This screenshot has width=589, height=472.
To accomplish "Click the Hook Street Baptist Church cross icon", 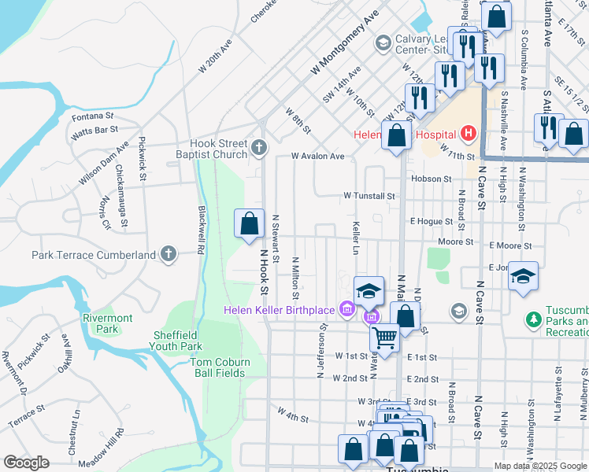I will (259, 147).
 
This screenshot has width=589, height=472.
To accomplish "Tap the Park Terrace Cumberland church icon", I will (168, 254).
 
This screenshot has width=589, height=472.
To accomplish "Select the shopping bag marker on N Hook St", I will (249, 224).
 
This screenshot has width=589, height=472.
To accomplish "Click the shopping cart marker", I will (384, 338).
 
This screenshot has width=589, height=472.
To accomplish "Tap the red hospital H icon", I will (469, 133).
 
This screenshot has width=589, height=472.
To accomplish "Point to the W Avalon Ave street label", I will (318, 157).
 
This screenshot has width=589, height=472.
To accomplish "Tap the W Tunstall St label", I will (369, 195).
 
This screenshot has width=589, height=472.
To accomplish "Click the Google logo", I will (25, 463).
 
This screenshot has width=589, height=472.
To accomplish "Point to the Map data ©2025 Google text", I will (539, 466).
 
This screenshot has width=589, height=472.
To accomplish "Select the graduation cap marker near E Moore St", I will (523, 277).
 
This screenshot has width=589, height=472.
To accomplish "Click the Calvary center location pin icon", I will (383, 42).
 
